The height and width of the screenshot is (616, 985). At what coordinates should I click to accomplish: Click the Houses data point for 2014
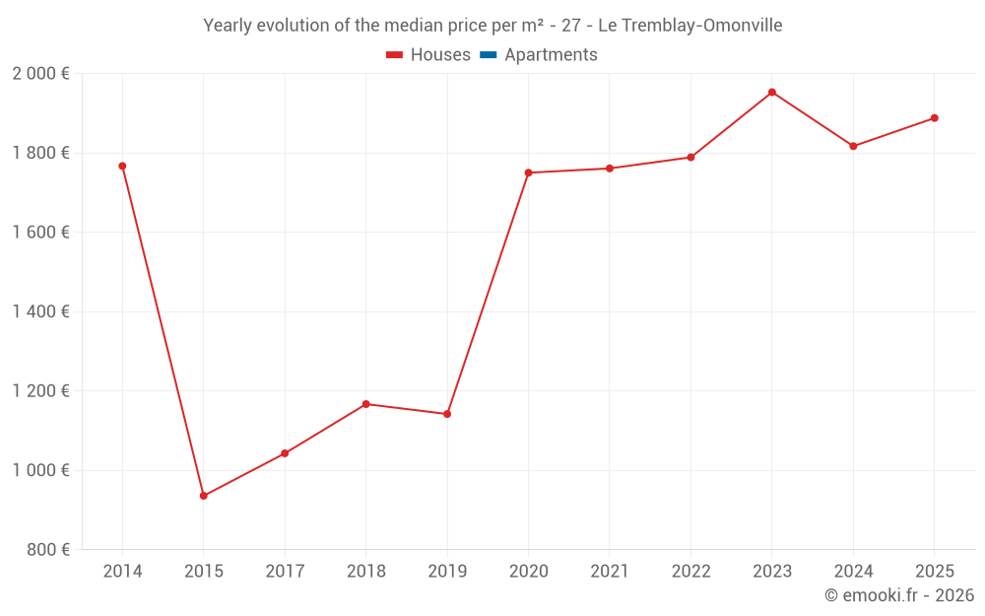(x=122, y=166)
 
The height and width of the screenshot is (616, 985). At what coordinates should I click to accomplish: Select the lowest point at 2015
(x=204, y=496)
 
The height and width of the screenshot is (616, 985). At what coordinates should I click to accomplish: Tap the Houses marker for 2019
(x=447, y=414)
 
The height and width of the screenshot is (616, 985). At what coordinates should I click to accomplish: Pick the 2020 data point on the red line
(x=528, y=172)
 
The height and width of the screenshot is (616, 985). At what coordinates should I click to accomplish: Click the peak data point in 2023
(x=772, y=93)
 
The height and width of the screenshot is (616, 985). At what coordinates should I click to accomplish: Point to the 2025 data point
(x=935, y=118)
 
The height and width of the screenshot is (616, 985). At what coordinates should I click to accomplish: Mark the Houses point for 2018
(x=365, y=404)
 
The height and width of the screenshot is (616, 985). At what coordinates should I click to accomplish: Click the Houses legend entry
(x=428, y=55)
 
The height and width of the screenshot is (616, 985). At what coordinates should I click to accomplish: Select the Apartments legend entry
(x=550, y=55)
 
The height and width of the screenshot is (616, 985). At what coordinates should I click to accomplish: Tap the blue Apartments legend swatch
(x=488, y=55)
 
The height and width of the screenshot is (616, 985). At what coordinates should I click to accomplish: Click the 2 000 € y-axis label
(x=40, y=74)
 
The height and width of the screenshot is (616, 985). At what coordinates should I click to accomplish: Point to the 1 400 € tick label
(x=40, y=311)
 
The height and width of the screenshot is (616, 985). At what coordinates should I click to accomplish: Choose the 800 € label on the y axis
(x=46, y=550)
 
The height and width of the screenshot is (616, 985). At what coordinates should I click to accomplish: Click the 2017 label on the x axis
(x=285, y=572)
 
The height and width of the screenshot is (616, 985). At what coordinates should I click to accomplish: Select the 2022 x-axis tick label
(x=690, y=572)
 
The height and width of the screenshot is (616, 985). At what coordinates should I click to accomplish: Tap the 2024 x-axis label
(x=853, y=572)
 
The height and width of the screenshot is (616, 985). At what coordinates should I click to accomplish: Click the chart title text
(x=492, y=26)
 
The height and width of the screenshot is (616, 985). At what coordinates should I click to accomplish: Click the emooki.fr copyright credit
(x=899, y=595)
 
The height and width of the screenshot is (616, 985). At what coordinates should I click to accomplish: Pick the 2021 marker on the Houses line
(x=610, y=169)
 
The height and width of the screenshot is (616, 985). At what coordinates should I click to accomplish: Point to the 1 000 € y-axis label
(x=40, y=470)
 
